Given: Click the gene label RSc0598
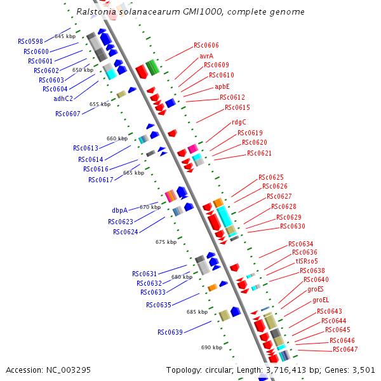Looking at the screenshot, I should tap(30, 42).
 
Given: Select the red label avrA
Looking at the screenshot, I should tap(206, 56).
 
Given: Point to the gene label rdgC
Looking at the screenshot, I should tap(239, 122).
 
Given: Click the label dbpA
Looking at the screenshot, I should tap(119, 210).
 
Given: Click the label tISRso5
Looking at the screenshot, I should tap(306, 261).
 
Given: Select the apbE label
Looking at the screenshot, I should tap(222, 86).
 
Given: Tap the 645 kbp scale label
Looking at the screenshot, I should tap(65, 36).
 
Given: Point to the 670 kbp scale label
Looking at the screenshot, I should tap(150, 207).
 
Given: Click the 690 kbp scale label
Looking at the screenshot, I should tap(211, 347).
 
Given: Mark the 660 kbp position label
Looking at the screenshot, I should tap(117, 138).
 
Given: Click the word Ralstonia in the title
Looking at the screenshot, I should tap(96, 12).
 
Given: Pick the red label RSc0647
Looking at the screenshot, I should tap(345, 349).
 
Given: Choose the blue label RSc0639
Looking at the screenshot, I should tap(170, 332).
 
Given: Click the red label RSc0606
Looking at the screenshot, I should tap(206, 46).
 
